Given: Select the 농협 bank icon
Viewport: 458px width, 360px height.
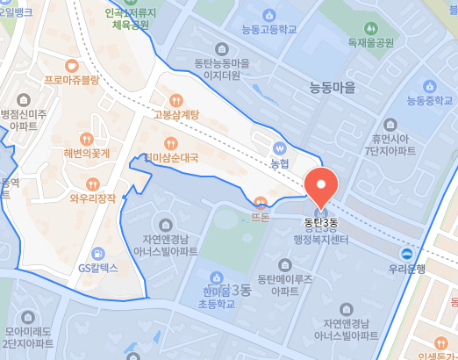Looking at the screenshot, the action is coord(280,148).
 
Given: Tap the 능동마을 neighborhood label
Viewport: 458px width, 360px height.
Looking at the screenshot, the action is coord(333,88).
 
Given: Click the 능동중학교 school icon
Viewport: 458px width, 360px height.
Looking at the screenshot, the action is coord(429,85).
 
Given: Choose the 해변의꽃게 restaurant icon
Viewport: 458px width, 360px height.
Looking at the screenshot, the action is coord(86,139).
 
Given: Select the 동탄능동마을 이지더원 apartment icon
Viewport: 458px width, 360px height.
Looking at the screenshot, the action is coord(221,49).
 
